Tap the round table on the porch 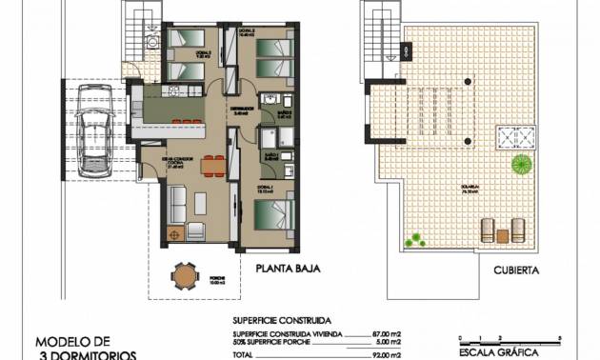[185, 276]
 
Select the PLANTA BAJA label [287, 270]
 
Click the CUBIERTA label [517, 270]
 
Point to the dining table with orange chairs [214, 165]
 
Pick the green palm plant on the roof [521, 165]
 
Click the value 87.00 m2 [386, 334]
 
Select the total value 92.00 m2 [386, 354]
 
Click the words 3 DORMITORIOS [85, 354]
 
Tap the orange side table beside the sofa [173, 232]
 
